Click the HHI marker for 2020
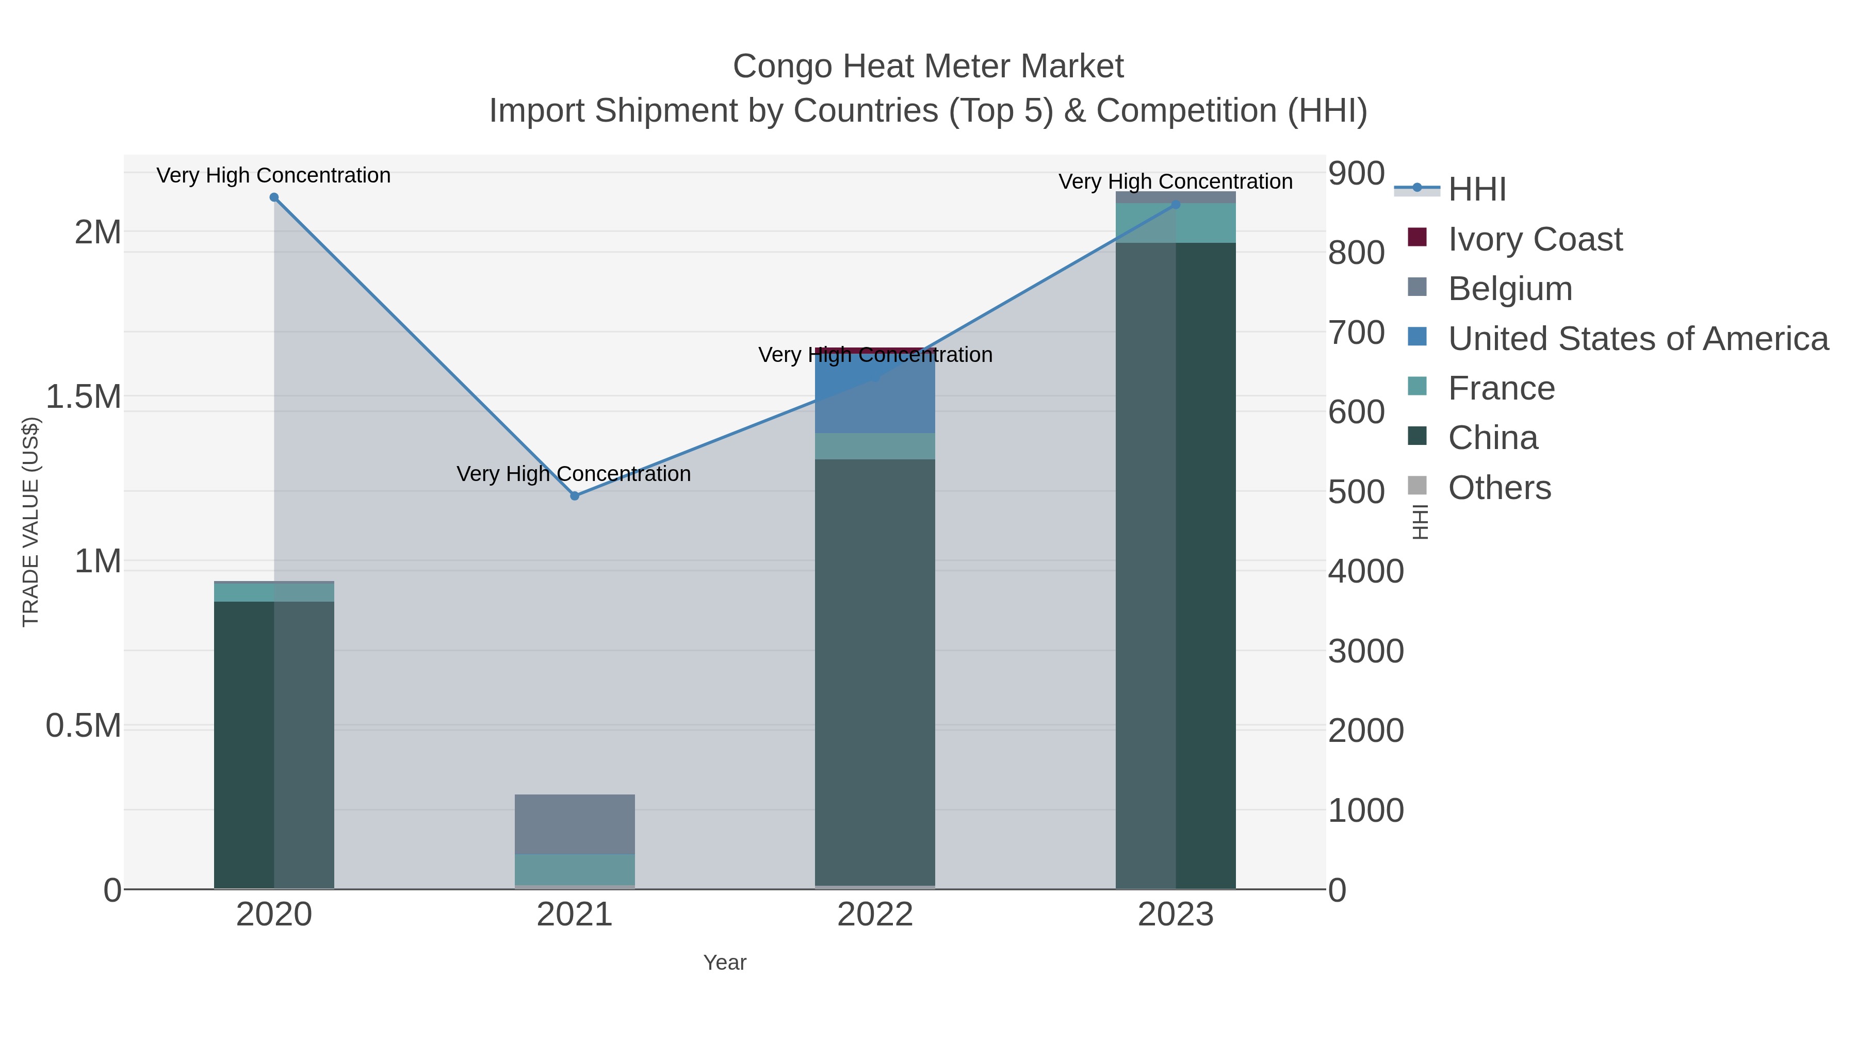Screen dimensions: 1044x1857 pos(274,197)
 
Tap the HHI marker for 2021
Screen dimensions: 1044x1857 pos(575,495)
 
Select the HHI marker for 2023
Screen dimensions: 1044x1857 pos(1176,205)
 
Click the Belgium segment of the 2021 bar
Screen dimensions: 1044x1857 pos(575,824)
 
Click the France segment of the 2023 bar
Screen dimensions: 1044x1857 pos(1176,223)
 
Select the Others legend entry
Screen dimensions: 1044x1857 pos(1500,488)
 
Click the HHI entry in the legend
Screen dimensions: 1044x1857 pos(1477,190)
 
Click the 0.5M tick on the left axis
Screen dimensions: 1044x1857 pos(84,725)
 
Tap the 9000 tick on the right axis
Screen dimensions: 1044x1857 pos(1355,174)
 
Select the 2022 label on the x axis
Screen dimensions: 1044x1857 pos(875,915)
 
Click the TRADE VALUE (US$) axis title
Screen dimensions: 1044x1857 pos(30,522)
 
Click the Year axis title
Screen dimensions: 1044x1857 pos(725,963)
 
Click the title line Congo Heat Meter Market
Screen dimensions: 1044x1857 pos(928,67)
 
